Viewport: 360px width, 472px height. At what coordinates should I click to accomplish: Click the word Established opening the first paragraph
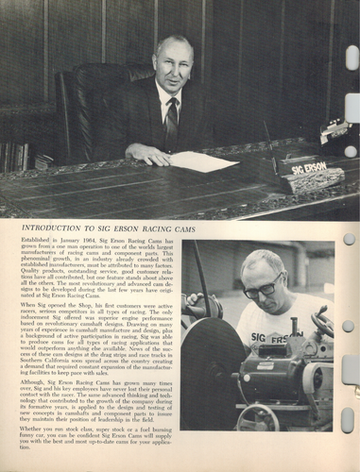click(x=39, y=244)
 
